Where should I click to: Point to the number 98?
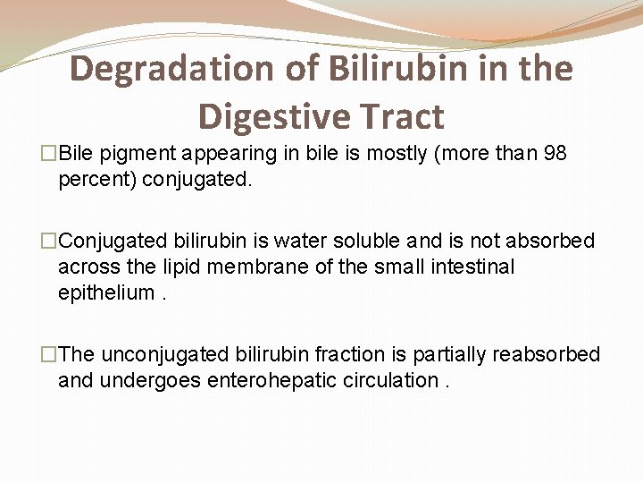click(x=555, y=154)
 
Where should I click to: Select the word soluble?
click(x=375, y=241)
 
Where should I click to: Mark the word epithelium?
click(x=105, y=292)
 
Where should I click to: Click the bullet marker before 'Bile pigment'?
click(x=49, y=154)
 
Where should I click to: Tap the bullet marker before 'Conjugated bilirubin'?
click(x=49, y=241)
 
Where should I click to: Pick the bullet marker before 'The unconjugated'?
click(x=49, y=354)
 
